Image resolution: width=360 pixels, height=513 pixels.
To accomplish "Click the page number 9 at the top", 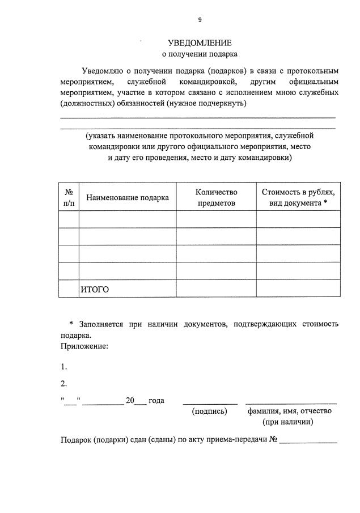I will tap(200, 19).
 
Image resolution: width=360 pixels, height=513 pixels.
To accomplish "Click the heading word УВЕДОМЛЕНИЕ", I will tap(200, 43).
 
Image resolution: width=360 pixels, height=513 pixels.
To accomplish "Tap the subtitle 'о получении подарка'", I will tap(200, 54).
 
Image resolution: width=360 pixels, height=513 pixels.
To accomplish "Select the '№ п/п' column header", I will tap(69, 197).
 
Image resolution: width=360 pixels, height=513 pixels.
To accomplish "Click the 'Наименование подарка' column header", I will tap(128, 198).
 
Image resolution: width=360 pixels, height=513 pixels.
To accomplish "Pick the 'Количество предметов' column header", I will tap(216, 197).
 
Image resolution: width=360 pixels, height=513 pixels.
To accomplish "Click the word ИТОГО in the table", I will tap(95, 289).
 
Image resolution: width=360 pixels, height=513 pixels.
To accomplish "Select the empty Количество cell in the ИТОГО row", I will tap(216, 289).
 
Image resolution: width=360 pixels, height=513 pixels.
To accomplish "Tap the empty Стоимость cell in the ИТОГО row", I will tap(298, 289).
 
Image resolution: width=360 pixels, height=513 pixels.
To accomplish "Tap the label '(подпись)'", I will tap(210, 411).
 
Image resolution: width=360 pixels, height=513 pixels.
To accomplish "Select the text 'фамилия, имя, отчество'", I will tap(289, 411).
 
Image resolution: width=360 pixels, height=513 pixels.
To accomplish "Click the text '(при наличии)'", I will tap(287, 422).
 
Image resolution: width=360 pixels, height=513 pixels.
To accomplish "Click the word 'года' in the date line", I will tap(156, 401).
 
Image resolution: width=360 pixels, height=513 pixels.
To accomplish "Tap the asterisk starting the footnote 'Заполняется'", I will tap(71, 324).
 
